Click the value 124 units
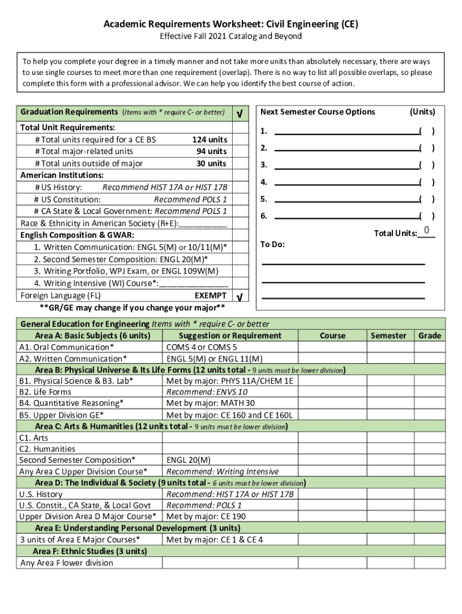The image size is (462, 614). click(209, 140)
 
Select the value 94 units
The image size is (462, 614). click(211, 152)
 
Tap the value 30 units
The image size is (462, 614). click(211, 164)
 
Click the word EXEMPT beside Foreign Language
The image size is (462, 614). click(211, 296)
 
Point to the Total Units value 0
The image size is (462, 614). click(426, 231)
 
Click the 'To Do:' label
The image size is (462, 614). click(272, 245)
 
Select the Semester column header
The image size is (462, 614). click(388, 336)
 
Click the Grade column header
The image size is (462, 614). click(430, 336)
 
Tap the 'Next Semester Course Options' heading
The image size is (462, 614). click(317, 112)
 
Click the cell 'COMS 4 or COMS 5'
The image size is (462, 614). click(202, 347)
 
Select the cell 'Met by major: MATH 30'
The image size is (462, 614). click(211, 404)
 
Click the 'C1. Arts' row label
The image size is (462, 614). click(34, 438)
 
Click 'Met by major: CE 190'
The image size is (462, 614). click(206, 517)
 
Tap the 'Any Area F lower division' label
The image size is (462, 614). click(67, 563)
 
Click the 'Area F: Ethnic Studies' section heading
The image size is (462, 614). click(90, 552)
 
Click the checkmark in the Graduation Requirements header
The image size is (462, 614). click(240, 113)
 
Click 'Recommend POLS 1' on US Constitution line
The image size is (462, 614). click(190, 200)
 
